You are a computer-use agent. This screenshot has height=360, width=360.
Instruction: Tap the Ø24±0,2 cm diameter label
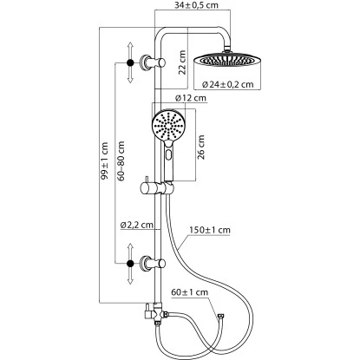tap(226, 85)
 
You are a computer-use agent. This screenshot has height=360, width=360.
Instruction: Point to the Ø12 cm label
tap(193, 98)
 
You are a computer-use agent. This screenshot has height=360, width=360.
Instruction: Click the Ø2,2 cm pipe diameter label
tap(137, 225)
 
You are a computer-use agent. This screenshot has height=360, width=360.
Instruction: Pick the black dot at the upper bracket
tap(128, 62)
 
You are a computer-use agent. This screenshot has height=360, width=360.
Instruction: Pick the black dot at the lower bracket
tap(128, 260)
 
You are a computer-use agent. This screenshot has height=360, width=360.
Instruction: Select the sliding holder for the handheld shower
tap(160, 186)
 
